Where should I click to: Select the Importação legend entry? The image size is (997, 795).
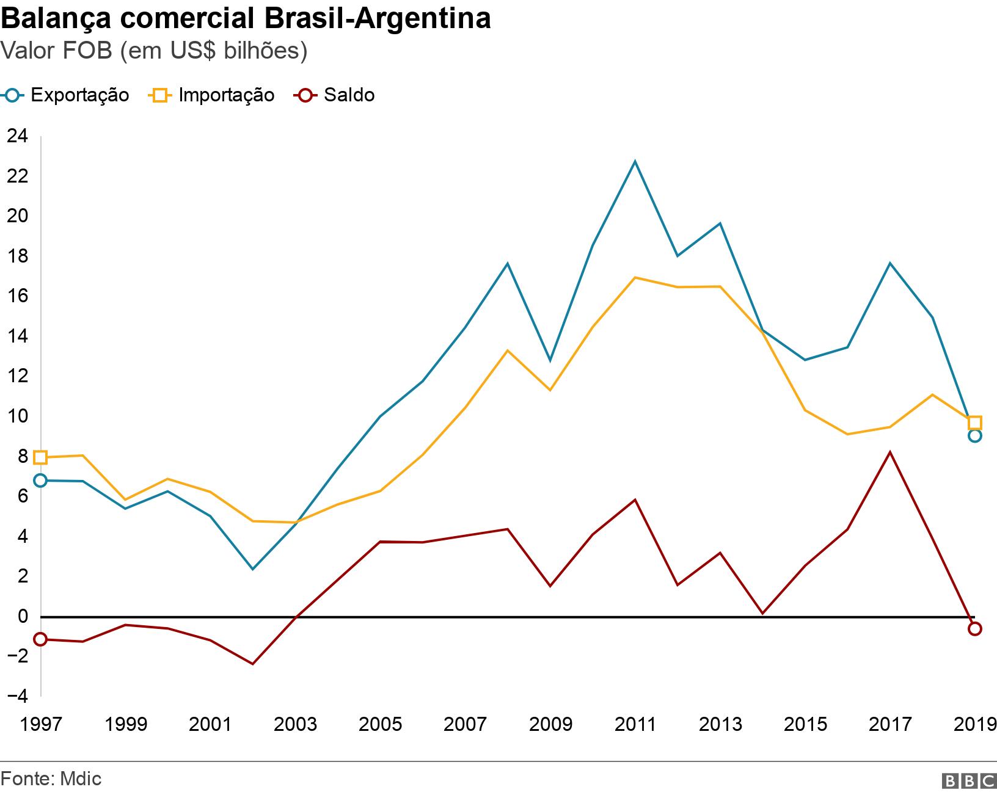click(212, 95)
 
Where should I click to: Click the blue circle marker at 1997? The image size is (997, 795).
click(40, 481)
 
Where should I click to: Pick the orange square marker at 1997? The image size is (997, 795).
click(40, 457)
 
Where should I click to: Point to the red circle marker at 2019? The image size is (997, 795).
click(974, 629)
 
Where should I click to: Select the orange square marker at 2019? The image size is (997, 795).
click(974, 423)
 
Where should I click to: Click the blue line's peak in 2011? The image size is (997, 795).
click(635, 161)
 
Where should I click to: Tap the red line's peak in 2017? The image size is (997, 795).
click(889, 452)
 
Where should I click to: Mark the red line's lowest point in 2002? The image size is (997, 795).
click(252, 664)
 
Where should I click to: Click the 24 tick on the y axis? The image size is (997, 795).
click(16, 136)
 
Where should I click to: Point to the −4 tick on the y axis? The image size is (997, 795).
click(16, 695)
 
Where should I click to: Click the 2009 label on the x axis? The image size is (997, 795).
click(550, 725)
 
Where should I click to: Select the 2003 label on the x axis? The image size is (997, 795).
click(295, 725)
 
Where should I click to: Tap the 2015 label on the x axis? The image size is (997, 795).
click(805, 725)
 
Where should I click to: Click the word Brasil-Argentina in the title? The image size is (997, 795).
click(376, 18)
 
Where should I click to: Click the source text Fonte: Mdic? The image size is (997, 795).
click(51, 779)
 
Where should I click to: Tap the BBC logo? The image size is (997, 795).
click(968, 781)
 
